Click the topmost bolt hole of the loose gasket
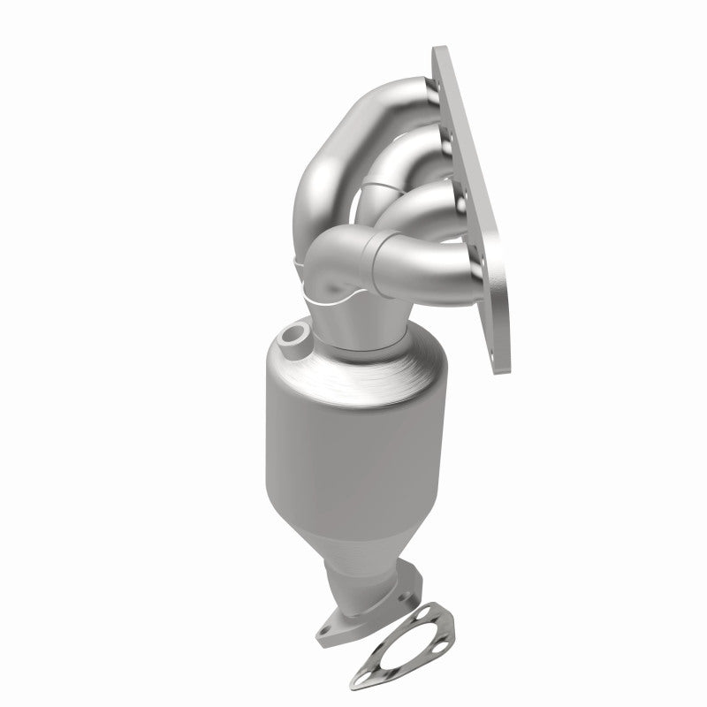[x=430, y=610]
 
